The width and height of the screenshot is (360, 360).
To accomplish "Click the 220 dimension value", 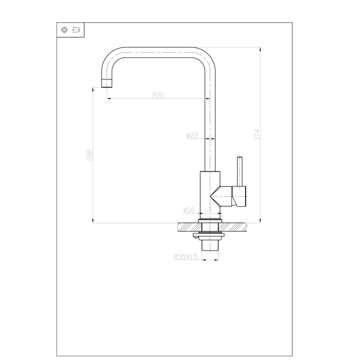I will pos(157,95).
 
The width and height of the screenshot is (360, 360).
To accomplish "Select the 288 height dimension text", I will pos(90,156).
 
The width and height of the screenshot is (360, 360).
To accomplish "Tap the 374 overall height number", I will pos(257,135).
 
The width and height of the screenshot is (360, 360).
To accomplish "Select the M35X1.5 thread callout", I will pos(185,256).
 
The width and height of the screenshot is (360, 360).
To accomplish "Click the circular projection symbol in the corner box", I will pos(65,30).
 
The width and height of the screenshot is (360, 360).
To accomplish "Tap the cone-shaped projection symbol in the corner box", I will pos(76,30).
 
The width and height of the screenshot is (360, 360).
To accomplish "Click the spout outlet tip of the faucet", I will pos(107,83).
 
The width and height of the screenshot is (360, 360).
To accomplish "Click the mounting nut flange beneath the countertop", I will pos(210,235).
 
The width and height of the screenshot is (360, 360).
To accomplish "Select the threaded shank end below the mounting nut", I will pos(210,246).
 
